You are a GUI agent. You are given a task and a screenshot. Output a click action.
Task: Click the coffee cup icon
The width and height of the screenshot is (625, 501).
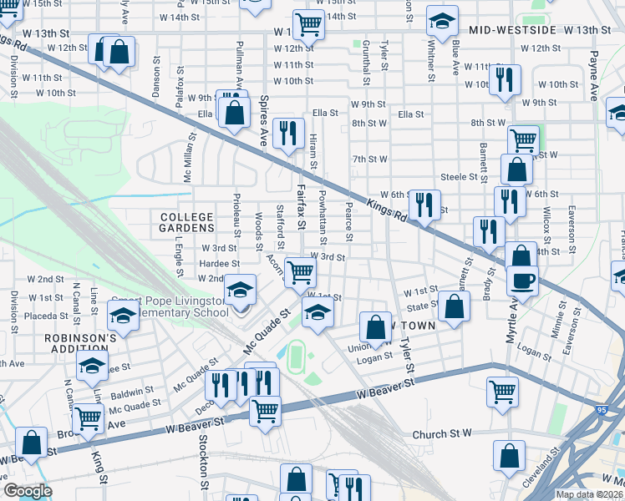coord(522,281)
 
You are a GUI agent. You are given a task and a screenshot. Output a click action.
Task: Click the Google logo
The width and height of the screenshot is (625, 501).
coord(28,491)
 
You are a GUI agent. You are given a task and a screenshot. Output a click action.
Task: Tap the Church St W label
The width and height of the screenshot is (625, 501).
coord(442,435)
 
